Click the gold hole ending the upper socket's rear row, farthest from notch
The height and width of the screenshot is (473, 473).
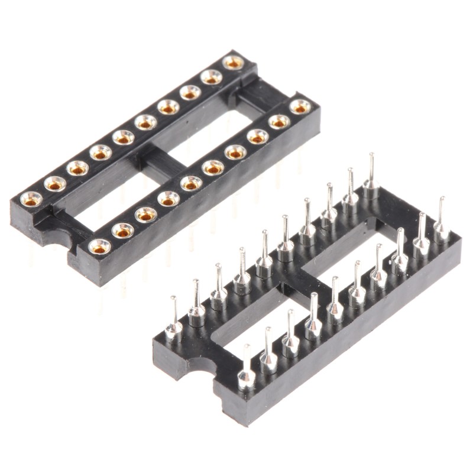234,62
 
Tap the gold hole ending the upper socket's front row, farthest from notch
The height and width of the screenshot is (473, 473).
300,106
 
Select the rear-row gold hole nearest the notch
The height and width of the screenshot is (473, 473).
31,199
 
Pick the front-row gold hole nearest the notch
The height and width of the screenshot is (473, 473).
101,245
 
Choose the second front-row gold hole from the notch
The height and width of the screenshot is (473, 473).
123,230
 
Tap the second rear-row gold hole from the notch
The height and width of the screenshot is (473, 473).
54,183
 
